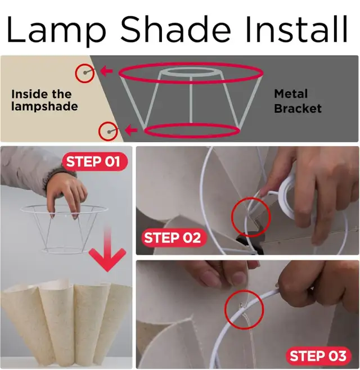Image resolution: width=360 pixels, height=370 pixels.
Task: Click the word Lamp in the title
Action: (56, 30)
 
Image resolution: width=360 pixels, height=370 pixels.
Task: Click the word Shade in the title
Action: (175, 29)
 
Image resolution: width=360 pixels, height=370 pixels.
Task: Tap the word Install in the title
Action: (297, 29)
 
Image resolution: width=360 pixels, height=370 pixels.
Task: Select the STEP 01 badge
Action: (94, 161)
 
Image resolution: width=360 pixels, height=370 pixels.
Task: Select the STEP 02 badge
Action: (174, 237)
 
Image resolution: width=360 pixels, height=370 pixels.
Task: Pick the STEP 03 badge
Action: (319, 355)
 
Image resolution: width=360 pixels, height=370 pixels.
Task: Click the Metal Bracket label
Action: (298, 101)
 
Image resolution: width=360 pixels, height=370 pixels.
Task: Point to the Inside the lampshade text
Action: (44, 100)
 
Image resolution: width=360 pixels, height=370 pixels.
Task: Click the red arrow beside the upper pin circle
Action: (106, 70)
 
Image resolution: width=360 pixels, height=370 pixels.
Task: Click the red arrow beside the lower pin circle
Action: (131, 130)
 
